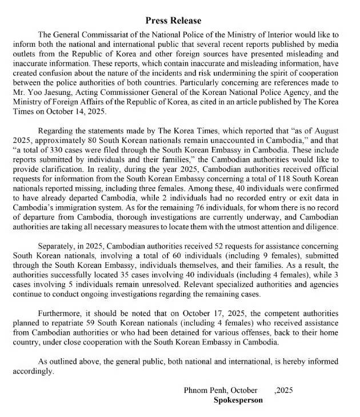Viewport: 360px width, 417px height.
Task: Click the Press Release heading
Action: pos(179,21)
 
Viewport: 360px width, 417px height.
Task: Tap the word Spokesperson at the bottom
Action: pos(238,400)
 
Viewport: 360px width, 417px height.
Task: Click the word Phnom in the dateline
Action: pos(196,390)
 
